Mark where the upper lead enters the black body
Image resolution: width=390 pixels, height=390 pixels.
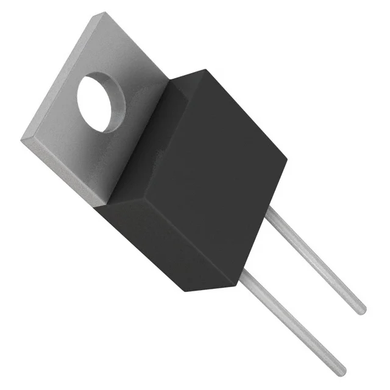(x=271, y=210)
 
